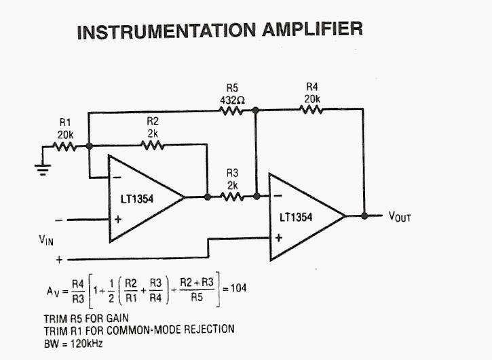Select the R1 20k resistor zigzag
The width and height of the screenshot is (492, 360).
(66, 146)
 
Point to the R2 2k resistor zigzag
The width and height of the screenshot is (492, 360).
(153, 145)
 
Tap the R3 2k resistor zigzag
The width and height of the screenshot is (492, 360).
(231, 197)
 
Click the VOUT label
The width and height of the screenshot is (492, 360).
(400, 217)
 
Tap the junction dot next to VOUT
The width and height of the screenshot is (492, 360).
(364, 216)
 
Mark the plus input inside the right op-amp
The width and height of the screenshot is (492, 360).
(278, 237)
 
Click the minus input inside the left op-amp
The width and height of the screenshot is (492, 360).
(117, 178)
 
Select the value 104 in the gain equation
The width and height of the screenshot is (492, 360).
(238, 287)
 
